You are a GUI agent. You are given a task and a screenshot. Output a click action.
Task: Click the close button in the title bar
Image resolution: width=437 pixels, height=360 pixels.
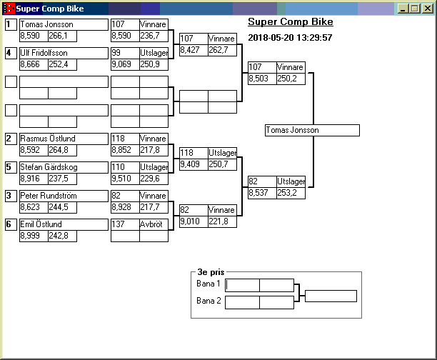[427, 9]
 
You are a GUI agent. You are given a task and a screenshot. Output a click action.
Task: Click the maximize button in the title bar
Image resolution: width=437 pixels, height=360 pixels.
[416, 9]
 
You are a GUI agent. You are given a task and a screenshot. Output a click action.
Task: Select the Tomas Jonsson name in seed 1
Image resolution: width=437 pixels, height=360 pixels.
[46, 24]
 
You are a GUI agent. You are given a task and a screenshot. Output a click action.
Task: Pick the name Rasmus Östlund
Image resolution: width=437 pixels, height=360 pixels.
[47, 139]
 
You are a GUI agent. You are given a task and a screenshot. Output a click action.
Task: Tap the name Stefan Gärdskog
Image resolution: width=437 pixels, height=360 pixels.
[50, 167]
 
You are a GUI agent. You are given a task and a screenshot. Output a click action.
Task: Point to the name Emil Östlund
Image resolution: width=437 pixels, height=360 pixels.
[41, 224]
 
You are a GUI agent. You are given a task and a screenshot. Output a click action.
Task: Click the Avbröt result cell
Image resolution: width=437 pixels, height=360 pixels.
[153, 224]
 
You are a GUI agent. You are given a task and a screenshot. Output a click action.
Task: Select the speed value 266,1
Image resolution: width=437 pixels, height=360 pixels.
[61, 36]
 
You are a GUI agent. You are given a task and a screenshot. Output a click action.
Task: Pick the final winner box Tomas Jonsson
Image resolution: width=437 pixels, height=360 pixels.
[311, 131]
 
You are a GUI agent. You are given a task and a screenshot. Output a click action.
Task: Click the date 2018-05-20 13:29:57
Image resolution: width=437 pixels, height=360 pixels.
[290, 37]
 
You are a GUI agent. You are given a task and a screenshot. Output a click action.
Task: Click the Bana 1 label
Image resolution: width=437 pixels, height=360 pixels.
[209, 284]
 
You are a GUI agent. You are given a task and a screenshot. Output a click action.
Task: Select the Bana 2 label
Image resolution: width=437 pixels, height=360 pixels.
[209, 301]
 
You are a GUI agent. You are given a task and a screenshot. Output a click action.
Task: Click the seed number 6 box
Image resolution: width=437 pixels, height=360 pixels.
[11, 224]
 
